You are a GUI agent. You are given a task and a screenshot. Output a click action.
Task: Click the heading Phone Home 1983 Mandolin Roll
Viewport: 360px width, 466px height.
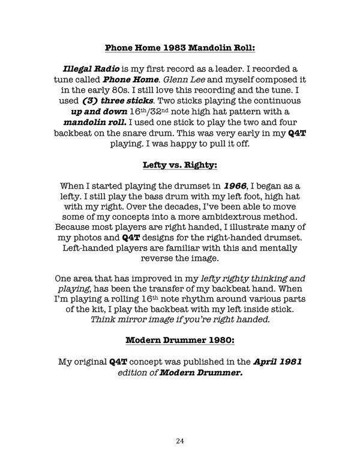point(180,47)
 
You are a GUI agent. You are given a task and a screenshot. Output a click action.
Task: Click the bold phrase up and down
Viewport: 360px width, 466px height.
point(98,112)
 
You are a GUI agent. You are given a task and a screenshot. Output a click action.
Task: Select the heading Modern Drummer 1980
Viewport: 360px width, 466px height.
point(180,341)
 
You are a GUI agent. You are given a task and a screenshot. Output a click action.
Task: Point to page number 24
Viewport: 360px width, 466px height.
point(180,441)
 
